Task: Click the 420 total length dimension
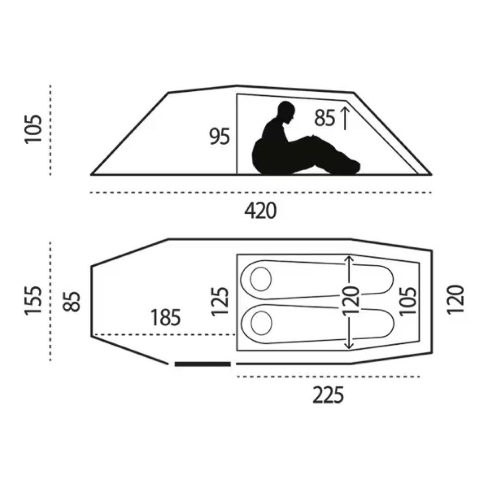click(x=261, y=211)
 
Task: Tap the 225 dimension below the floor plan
click(x=328, y=394)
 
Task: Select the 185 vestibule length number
click(x=165, y=318)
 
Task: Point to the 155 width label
click(x=33, y=300)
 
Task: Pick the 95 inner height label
click(x=220, y=136)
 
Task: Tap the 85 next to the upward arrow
click(x=324, y=118)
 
